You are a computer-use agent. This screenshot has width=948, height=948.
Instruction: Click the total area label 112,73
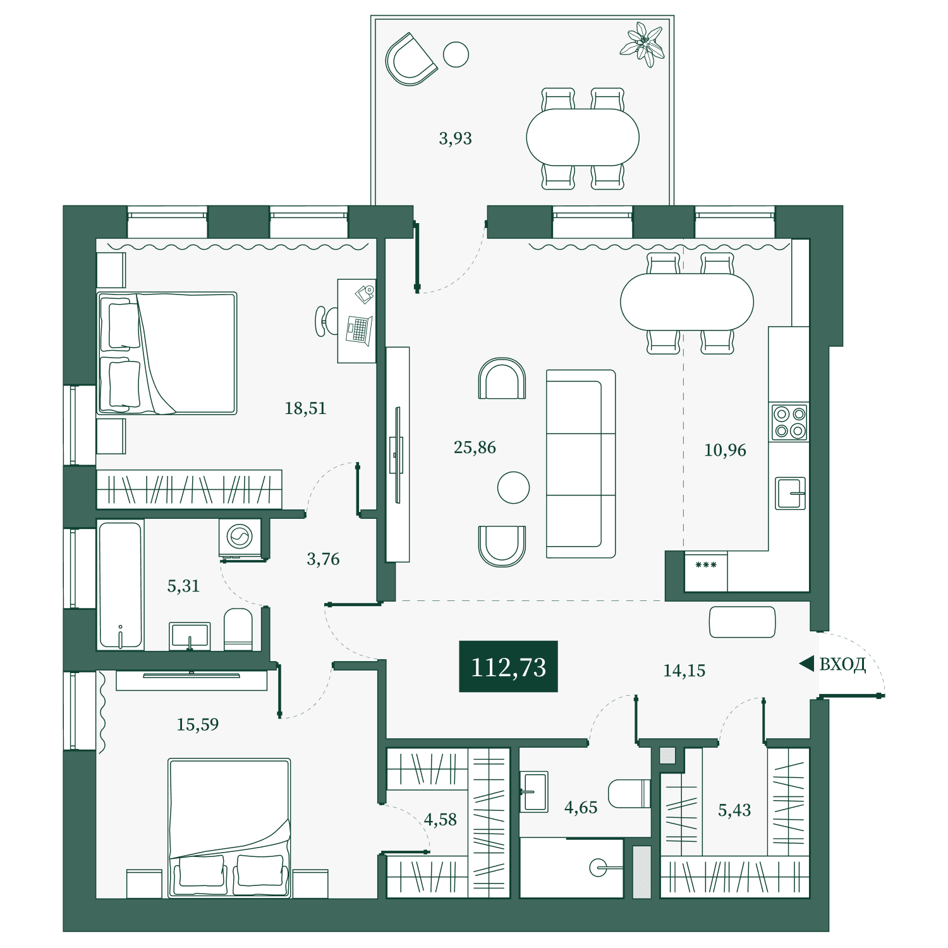508,667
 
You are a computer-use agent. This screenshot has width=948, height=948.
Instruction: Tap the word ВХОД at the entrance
842,664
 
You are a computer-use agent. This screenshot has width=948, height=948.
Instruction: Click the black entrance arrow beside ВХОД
806,664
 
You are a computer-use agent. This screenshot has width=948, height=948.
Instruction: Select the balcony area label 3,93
455,138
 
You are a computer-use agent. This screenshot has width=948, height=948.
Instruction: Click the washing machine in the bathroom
240,538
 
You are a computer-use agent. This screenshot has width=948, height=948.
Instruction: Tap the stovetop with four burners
789,422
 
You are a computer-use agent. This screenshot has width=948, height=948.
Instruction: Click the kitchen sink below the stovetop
790,493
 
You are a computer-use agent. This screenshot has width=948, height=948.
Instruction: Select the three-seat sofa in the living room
581,464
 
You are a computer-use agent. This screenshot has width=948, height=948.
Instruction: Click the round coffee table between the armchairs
513,488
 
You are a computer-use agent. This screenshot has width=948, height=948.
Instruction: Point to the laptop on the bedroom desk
359,330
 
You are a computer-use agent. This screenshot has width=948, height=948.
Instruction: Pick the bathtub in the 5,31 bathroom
120,585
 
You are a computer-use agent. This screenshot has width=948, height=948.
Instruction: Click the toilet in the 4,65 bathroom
629,793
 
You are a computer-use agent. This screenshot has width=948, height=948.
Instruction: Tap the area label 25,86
475,447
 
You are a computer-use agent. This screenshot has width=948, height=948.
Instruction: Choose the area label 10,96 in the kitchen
725,450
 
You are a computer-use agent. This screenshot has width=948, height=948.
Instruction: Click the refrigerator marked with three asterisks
706,572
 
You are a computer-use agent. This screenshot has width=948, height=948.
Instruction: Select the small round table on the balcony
456,54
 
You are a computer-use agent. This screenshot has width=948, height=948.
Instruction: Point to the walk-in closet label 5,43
734,810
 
